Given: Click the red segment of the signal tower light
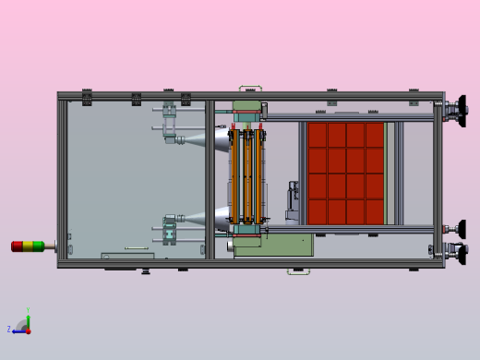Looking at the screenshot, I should pos(17,246).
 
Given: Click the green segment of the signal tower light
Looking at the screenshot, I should pos(38,246).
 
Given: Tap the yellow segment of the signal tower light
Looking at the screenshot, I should pos(27,246).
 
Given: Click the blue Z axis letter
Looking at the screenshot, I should pos(9,329).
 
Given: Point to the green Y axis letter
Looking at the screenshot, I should pos(28,310).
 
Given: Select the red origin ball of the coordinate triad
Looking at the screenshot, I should pos(28,330).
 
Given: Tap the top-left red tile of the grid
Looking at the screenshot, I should pos(318,134).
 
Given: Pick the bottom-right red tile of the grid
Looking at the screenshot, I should pos(374,211).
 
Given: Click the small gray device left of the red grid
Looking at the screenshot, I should pos(293,198).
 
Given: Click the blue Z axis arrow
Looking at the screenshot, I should pos(18,330).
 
